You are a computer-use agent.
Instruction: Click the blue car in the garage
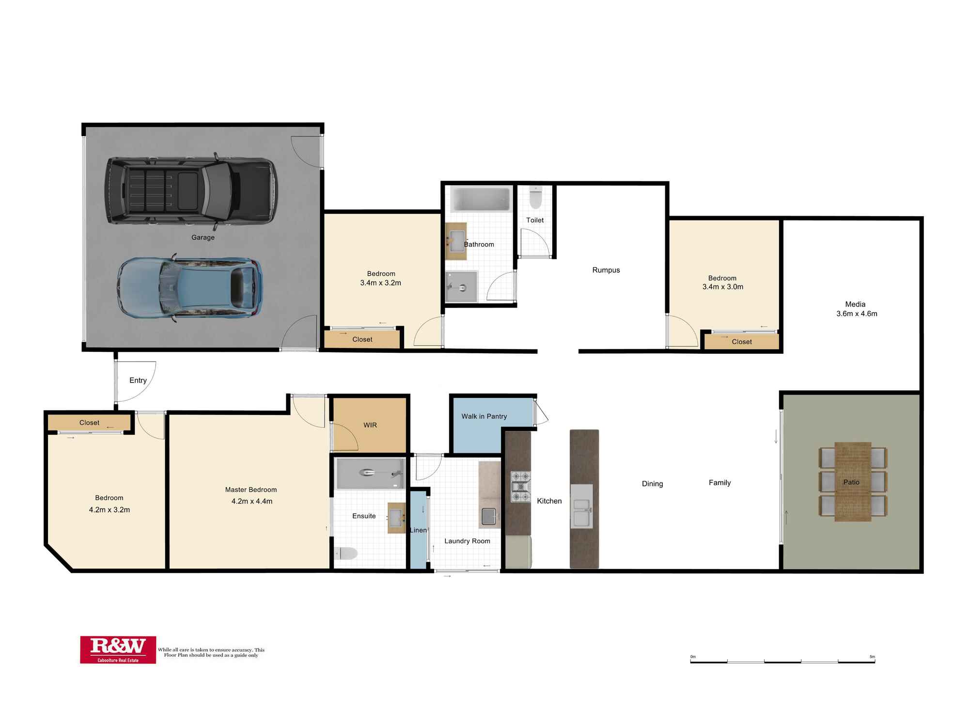[x=189, y=288]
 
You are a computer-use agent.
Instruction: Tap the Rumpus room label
[x=606, y=270]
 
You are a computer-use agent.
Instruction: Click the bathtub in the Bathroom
[x=480, y=199]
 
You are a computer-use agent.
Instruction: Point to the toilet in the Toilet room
[x=535, y=197]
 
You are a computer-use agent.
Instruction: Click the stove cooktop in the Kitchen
[x=521, y=487]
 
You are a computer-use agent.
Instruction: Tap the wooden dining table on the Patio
[x=853, y=481]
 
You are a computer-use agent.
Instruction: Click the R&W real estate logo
[x=118, y=649]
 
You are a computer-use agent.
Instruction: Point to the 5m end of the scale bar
[x=875, y=661]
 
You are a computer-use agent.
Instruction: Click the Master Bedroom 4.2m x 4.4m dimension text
[x=252, y=501]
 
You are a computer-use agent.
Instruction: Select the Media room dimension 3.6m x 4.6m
[x=857, y=314]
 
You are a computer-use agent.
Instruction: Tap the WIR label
[x=370, y=425]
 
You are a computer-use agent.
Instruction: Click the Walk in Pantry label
[x=484, y=416]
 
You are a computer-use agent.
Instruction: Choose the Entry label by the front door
[x=138, y=380]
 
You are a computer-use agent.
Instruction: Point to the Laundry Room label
[x=467, y=541]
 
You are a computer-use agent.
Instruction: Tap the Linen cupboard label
[x=418, y=530]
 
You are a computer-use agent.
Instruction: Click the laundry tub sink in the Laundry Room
[x=489, y=516]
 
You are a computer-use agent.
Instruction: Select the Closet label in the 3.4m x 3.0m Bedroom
[x=742, y=342]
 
